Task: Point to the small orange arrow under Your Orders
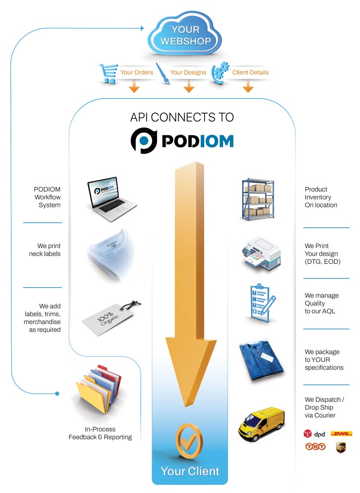pos(134,86)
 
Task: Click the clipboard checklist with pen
pos(259,303)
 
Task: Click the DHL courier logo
pos(341,434)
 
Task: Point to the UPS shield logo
pos(341,447)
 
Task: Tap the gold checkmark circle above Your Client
pos(189,440)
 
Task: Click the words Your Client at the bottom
pos(190,471)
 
